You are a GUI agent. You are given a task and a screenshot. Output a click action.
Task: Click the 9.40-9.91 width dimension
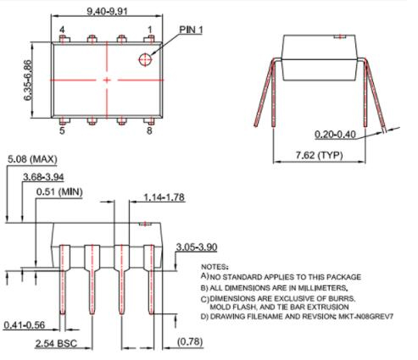pyautogui.click(x=107, y=11)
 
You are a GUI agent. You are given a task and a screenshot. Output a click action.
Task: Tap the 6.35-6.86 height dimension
pyautogui.click(x=28, y=80)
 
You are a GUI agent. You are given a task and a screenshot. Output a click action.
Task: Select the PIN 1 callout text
pyautogui.click(x=191, y=30)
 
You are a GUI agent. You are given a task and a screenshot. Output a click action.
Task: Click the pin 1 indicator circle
pyautogui.click(x=145, y=59)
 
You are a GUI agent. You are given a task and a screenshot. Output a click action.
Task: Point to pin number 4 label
pyautogui.click(x=62, y=30)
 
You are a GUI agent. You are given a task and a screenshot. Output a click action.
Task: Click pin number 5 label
pyautogui.click(x=62, y=130)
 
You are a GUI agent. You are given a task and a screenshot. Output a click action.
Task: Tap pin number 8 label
pyautogui.click(x=149, y=130)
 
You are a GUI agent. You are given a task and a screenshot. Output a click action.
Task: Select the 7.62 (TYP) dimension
pyautogui.click(x=319, y=155)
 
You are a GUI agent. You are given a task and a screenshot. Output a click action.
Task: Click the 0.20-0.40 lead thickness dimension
pyautogui.click(x=335, y=134)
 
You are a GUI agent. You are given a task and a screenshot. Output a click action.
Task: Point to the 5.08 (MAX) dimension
pyautogui.click(x=32, y=159)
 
